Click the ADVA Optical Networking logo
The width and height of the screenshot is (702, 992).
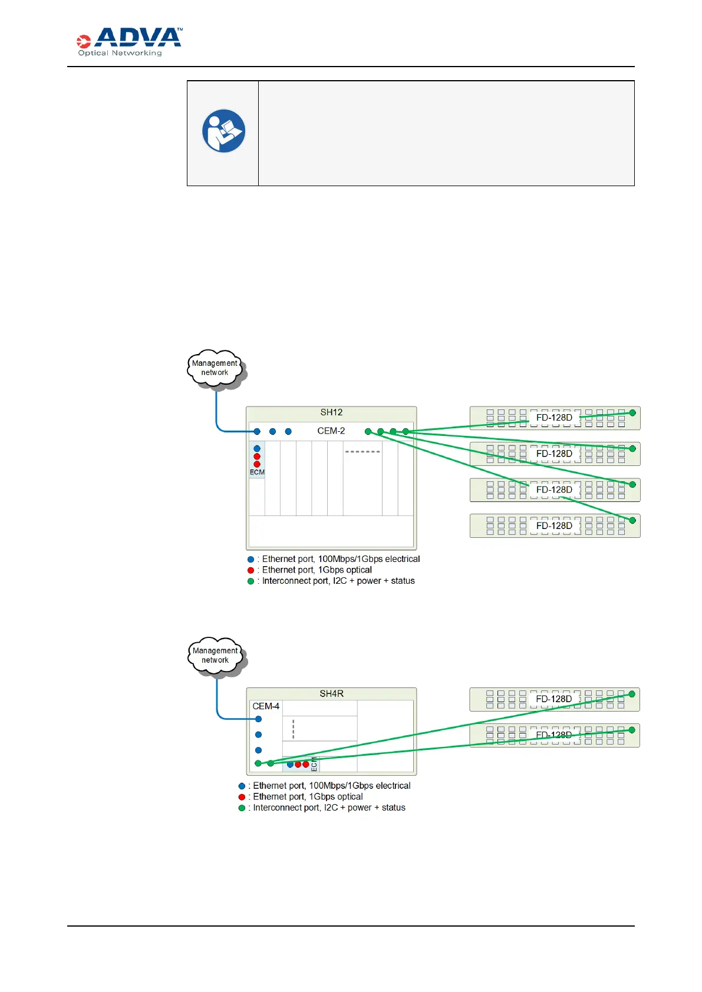click(x=129, y=42)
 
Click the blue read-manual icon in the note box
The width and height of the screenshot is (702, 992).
click(x=223, y=131)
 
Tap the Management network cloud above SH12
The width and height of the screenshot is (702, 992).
click(x=215, y=368)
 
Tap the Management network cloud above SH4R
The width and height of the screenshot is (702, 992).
click(x=215, y=656)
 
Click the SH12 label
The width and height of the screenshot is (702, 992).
click(x=331, y=412)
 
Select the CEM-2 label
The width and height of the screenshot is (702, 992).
click(x=331, y=431)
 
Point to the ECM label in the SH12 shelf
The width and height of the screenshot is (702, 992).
click(x=257, y=472)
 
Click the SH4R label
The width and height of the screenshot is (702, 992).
click(x=331, y=694)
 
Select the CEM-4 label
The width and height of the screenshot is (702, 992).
click(x=266, y=706)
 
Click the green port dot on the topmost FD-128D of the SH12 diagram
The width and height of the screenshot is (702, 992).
click(x=632, y=413)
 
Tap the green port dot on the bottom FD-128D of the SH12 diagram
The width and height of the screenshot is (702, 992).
click(x=632, y=521)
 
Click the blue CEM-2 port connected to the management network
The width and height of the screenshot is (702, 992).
click(x=257, y=432)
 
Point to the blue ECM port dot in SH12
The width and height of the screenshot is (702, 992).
click(x=257, y=449)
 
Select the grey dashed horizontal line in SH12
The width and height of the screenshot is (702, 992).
click(x=362, y=452)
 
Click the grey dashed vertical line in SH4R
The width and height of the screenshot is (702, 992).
click(x=293, y=729)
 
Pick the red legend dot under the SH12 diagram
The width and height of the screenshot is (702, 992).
click(x=251, y=570)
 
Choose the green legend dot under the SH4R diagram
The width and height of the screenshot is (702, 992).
click(x=242, y=808)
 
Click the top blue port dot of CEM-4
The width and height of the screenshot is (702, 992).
click(x=258, y=719)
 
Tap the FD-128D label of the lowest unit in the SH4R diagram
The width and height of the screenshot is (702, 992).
click(x=553, y=735)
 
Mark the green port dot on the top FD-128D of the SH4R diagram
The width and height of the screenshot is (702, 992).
click(x=632, y=695)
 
